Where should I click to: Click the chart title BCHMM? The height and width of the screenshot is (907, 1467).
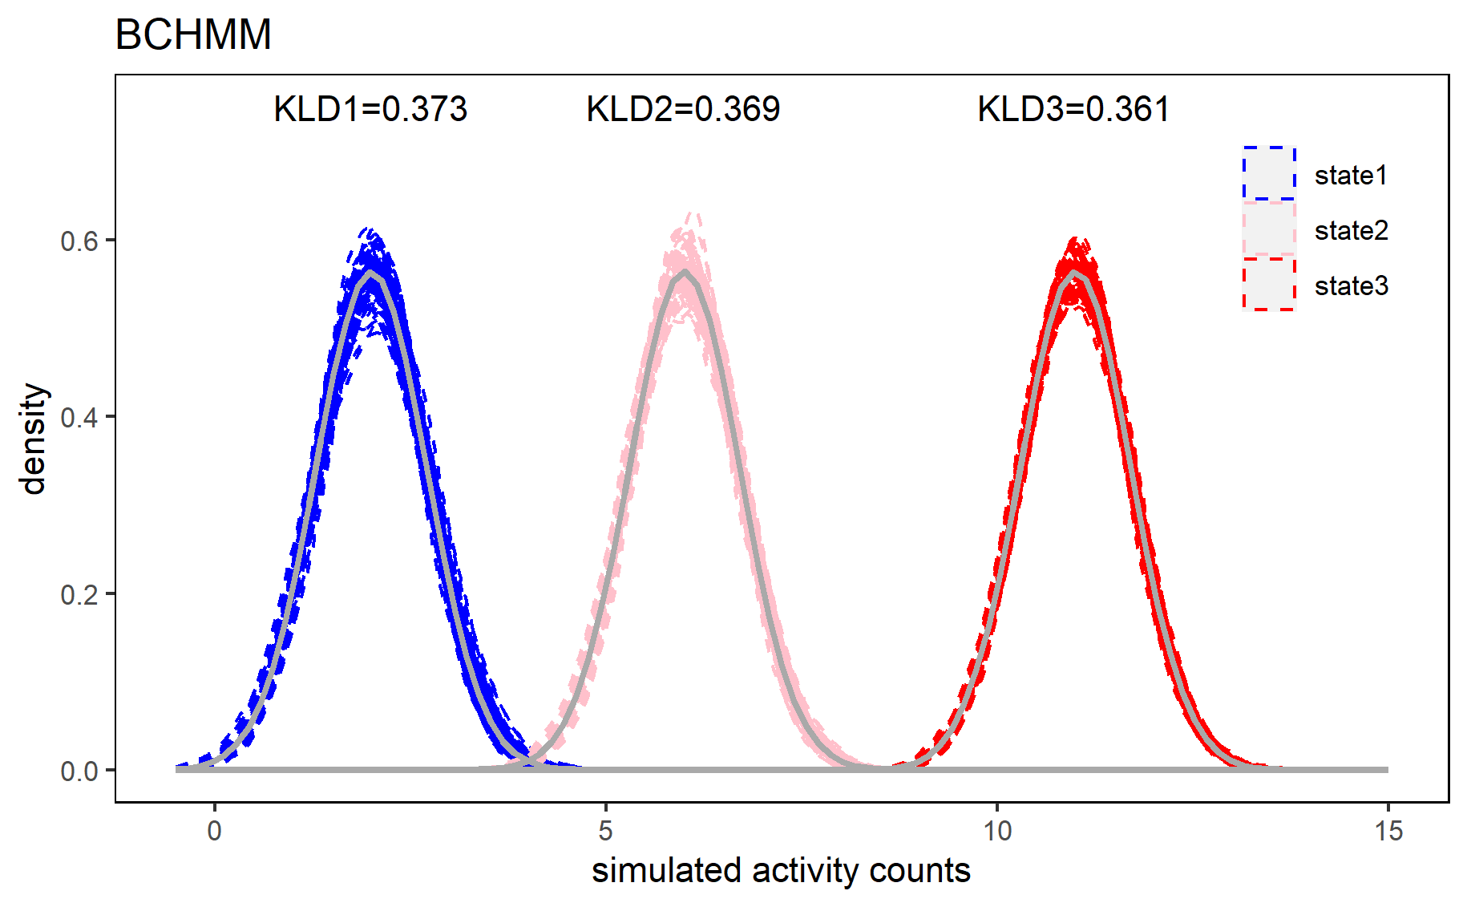pyautogui.click(x=193, y=35)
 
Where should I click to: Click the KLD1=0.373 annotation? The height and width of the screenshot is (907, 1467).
pyautogui.click(x=370, y=109)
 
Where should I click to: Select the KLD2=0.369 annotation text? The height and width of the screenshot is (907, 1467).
pyautogui.click(x=683, y=109)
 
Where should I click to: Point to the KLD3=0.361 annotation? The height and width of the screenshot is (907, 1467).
pyautogui.click(x=1073, y=109)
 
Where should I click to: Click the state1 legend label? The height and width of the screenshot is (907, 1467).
pyautogui.click(x=1351, y=175)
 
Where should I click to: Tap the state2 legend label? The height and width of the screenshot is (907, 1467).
pyautogui.click(x=1351, y=230)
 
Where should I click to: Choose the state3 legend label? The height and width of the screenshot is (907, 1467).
pyautogui.click(x=1351, y=285)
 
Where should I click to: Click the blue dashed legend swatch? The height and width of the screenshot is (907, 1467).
pyautogui.click(x=1269, y=173)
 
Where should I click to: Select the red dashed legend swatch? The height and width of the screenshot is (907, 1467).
pyautogui.click(x=1269, y=284)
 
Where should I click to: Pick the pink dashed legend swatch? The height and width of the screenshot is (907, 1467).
pyautogui.click(x=1269, y=229)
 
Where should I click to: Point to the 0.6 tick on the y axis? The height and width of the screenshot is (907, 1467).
pyautogui.click(x=79, y=241)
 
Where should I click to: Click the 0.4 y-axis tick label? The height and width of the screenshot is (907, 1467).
pyautogui.click(x=79, y=417)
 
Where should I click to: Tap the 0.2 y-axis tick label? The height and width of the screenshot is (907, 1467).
pyautogui.click(x=79, y=594)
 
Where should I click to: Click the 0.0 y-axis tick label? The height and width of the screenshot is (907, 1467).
pyautogui.click(x=79, y=771)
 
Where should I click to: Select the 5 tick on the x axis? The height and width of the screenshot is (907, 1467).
pyautogui.click(x=605, y=831)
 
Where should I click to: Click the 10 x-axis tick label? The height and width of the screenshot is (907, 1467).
pyautogui.click(x=996, y=831)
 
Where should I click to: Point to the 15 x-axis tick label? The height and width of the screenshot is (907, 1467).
pyautogui.click(x=1388, y=831)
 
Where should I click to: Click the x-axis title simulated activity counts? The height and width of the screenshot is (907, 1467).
pyautogui.click(x=781, y=870)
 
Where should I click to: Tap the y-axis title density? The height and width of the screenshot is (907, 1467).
pyautogui.click(x=34, y=439)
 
